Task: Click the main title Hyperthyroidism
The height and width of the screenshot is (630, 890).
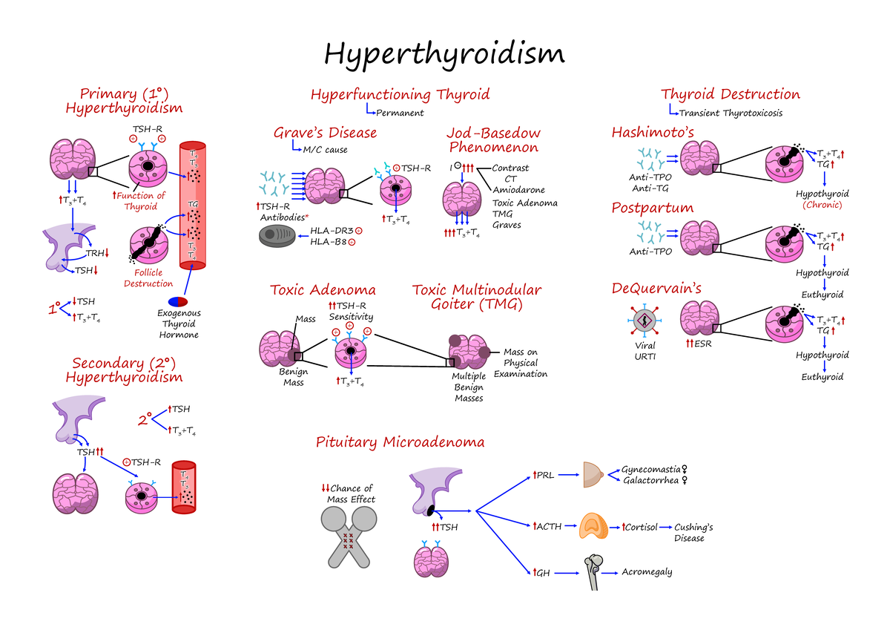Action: click(x=444, y=53)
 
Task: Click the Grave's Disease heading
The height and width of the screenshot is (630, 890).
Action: click(x=325, y=133)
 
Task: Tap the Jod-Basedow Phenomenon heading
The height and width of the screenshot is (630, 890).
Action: click(x=493, y=140)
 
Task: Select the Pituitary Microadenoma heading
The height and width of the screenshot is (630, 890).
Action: click(x=400, y=442)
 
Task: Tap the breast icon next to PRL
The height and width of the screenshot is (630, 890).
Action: click(x=593, y=474)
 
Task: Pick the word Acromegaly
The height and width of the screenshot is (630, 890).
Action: click(x=647, y=572)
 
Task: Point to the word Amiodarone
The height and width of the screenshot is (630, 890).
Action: click(x=518, y=190)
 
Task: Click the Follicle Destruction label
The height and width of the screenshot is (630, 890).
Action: click(x=148, y=278)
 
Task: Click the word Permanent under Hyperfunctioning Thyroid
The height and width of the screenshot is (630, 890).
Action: click(x=400, y=114)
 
